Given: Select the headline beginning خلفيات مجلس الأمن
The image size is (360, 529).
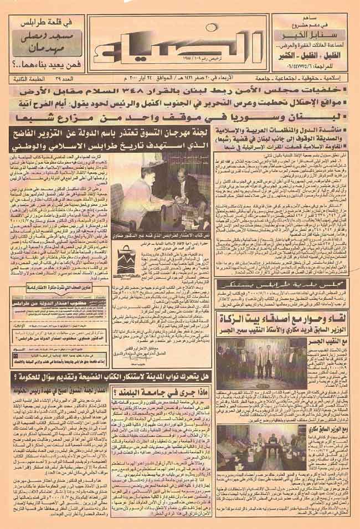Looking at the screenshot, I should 183,90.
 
